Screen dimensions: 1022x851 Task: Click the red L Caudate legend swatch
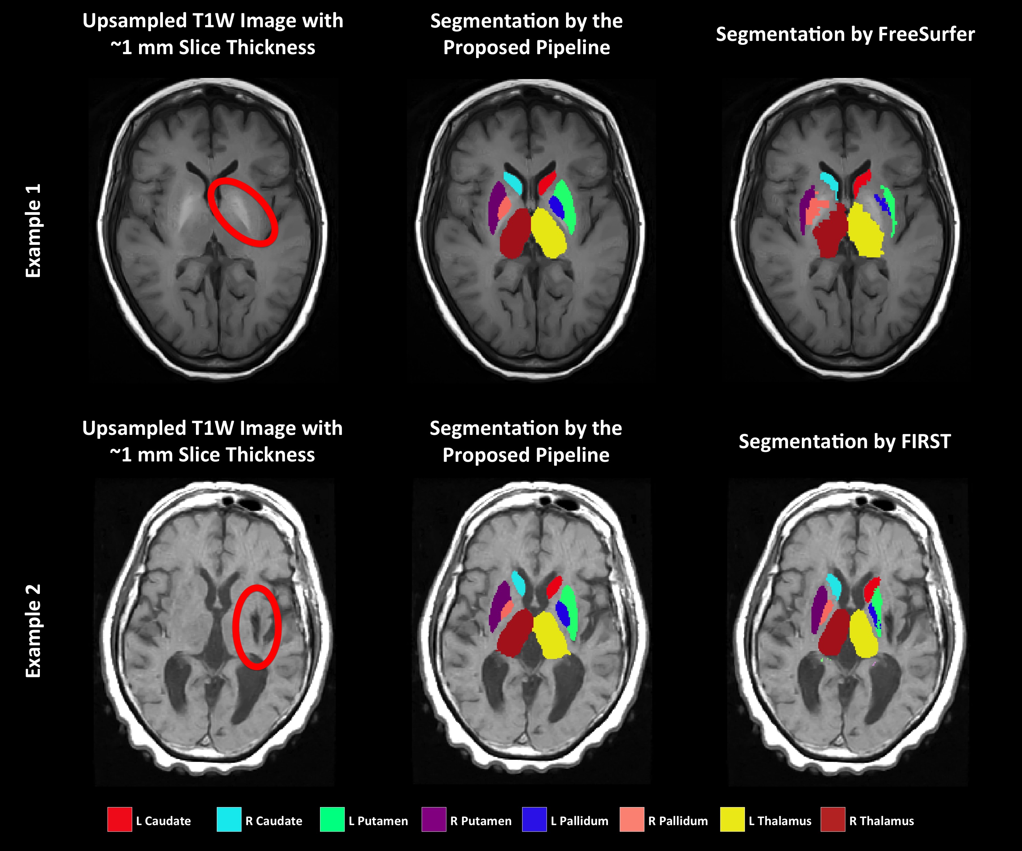pyautogui.click(x=119, y=819)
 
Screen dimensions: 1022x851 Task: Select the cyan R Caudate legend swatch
pyautogui.click(x=229, y=819)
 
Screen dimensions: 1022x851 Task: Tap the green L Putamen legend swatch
pyautogui.click(x=332, y=819)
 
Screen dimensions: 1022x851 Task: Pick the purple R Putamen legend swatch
pyautogui.click(x=433, y=819)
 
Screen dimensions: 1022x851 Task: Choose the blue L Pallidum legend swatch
pyautogui.click(x=534, y=819)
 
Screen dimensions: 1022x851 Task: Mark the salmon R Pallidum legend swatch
pyautogui.click(x=632, y=819)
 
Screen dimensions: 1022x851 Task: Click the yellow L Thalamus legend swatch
pyautogui.click(x=732, y=819)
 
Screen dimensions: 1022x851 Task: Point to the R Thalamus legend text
pyautogui.click(x=881, y=821)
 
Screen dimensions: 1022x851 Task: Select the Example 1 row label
pyautogui.click(x=33, y=231)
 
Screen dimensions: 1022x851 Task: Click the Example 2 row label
pyautogui.click(x=33, y=631)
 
